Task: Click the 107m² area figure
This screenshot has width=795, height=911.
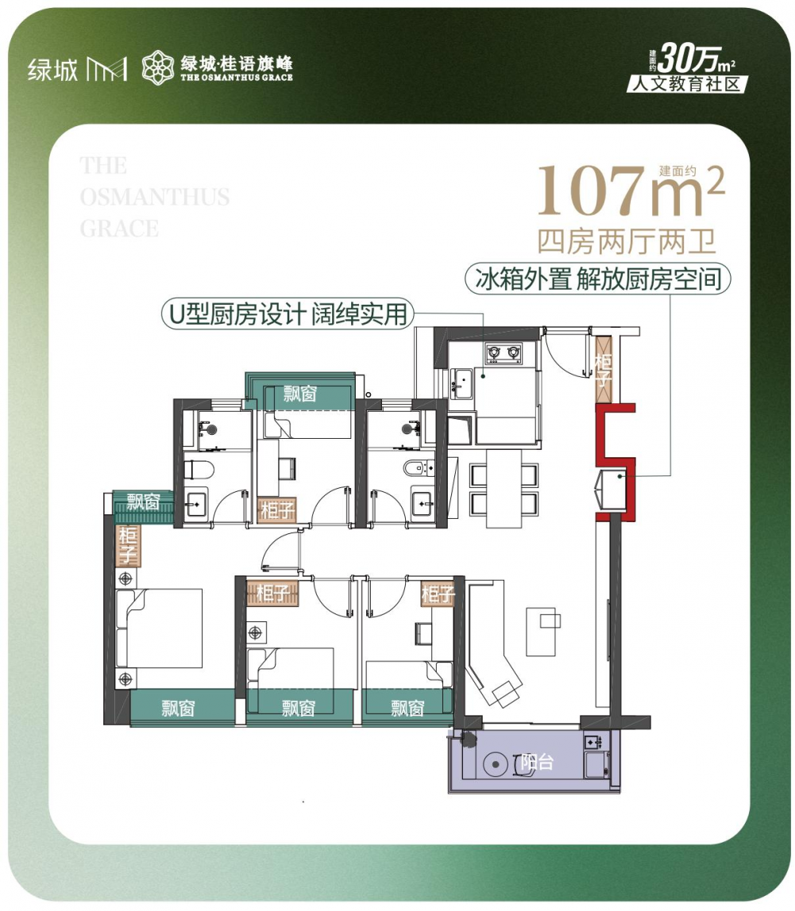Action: tap(631, 190)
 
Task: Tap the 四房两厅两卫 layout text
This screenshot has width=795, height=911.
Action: tap(626, 241)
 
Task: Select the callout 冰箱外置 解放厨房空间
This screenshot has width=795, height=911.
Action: tap(598, 279)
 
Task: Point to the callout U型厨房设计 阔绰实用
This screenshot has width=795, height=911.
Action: tap(288, 314)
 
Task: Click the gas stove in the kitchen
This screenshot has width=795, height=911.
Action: tap(503, 352)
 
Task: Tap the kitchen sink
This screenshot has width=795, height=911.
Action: tap(461, 382)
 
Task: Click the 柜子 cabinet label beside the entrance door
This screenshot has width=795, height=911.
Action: tap(603, 370)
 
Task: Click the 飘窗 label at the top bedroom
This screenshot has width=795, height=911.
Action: tap(300, 394)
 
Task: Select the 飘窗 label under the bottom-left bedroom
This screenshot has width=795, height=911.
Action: tap(178, 708)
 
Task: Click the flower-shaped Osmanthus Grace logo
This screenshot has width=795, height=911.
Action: tap(157, 67)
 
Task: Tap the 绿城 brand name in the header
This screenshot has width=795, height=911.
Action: tap(52, 70)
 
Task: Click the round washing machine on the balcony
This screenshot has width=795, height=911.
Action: tap(495, 764)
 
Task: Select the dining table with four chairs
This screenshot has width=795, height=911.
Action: tap(504, 489)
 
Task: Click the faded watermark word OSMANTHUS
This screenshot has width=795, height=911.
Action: tap(155, 197)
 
